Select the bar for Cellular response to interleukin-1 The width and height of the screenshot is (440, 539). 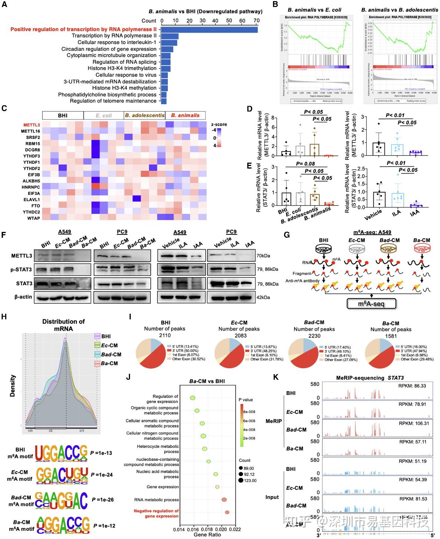click(168, 43)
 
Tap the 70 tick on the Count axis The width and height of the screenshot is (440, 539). click(256, 21)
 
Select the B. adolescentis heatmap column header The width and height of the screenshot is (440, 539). click(144, 116)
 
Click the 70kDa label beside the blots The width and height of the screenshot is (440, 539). click(264, 255)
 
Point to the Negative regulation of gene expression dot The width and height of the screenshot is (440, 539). click(227, 512)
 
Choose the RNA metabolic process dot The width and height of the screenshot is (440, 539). click(224, 500)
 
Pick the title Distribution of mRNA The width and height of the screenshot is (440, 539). click(63, 325)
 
